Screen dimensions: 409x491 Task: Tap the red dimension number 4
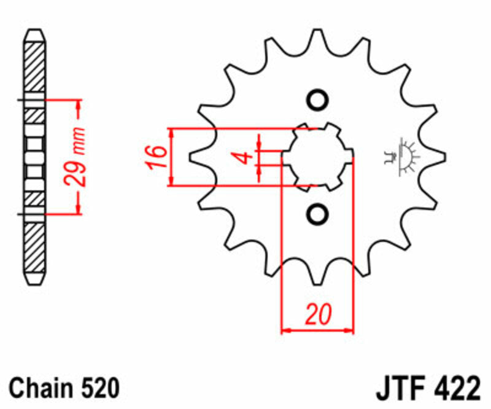pos(244,157)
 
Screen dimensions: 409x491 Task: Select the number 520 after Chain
pos(96,388)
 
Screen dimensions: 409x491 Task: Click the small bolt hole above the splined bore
pos(317,101)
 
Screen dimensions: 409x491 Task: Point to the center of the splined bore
pos(317,157)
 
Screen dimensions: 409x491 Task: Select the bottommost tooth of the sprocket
pos(317,276)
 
